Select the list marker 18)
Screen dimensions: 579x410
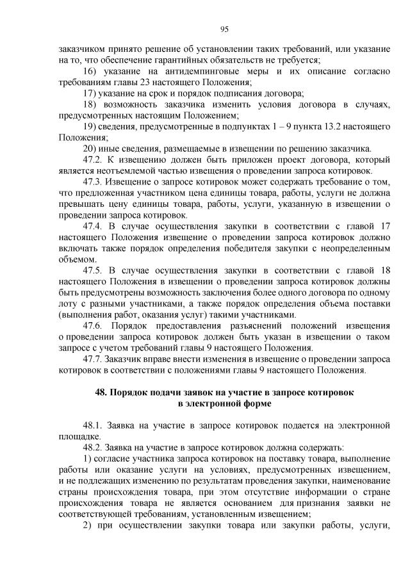(90, 104)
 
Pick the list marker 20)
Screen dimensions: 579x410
(90, 148)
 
